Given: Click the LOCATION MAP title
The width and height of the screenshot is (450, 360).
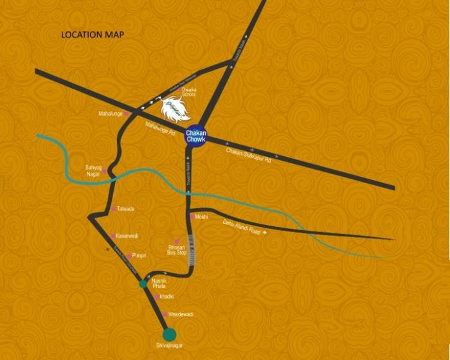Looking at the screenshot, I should (x=92, y=34).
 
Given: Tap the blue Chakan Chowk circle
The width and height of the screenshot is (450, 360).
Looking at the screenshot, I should (x=195, y=136).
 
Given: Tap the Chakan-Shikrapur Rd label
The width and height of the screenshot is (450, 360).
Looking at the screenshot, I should (x=249, y=155).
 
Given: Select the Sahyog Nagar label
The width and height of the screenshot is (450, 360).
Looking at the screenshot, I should (x=94, y=170).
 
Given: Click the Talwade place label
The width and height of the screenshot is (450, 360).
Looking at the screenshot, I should (x=126, y=209).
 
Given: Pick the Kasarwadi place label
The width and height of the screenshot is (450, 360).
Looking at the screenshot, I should (x=129, y=236).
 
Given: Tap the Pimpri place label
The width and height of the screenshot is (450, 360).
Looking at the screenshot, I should (x=139, y=255).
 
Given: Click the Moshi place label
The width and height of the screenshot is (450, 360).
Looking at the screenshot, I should (x=201, y=217).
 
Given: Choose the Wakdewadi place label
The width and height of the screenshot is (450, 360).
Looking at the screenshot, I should (x=180, y=314).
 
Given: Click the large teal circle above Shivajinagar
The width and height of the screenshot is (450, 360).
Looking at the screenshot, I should (x=169, y=334).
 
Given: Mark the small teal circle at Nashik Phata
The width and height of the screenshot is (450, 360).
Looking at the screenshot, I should (x=143, y=283).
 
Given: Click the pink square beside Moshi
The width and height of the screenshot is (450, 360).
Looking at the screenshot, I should (x=192, y=217).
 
